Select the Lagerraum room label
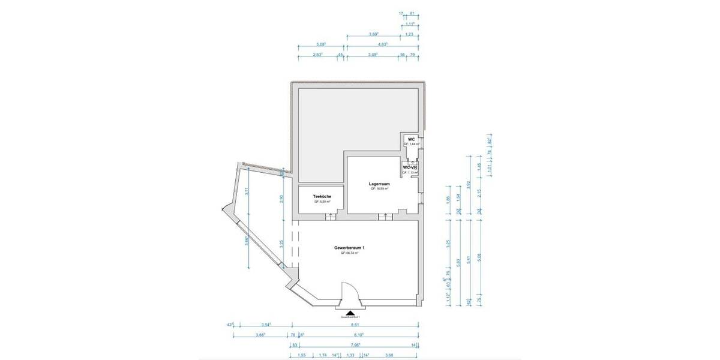(x=380, y=184)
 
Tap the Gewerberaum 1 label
(x=350, y=248)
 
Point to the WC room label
(x=411, y=139)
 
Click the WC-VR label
(x=410, y=167)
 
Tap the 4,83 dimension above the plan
(x=382, y=44)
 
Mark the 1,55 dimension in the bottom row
(x=302, y=355)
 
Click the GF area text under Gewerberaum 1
(x=350, y=253)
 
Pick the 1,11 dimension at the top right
(x=410, y=24)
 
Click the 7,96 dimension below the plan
(x=354, y=345)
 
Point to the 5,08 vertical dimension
(x=478, y=256)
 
